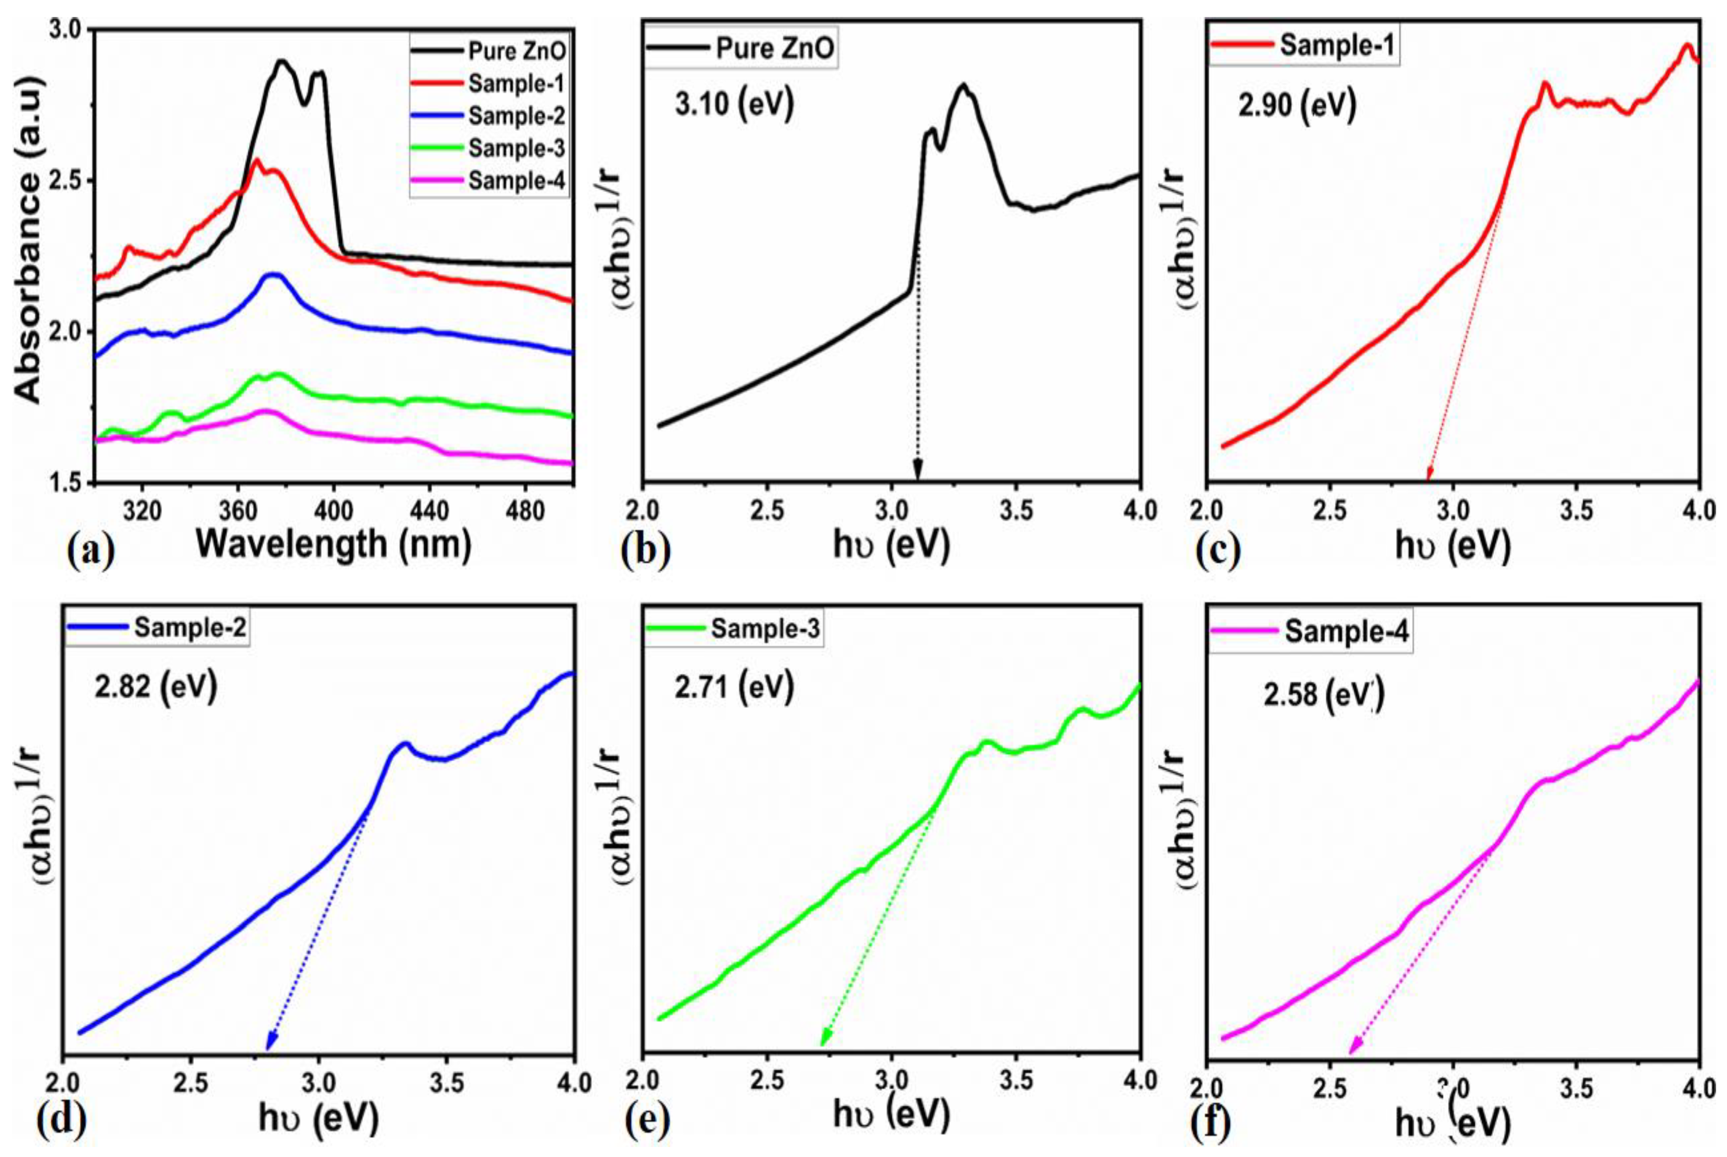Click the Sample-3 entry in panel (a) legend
(516, 148)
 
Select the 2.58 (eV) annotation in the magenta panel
(1323, 695)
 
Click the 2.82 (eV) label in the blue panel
(155, 688)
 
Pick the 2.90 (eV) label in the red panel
(1297, 106)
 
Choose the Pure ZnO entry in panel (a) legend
(516, 51)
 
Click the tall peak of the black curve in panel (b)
(962, 86)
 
